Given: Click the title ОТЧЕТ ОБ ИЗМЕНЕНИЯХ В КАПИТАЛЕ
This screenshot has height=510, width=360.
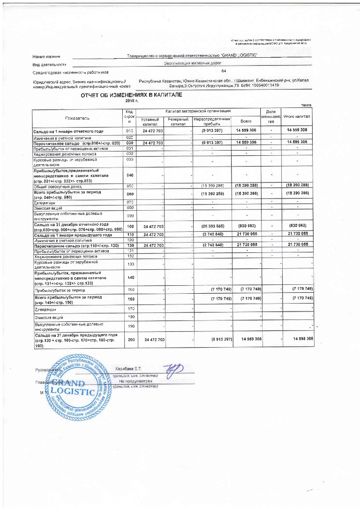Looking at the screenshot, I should click(131, 95).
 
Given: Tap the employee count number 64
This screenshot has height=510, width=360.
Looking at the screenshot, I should click(224, 71).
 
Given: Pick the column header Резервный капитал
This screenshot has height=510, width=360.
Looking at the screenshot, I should click(178, 122).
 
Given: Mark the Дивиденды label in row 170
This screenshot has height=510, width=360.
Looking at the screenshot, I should click(45, 310).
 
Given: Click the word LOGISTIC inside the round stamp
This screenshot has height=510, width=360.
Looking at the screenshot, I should click(73, 391).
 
